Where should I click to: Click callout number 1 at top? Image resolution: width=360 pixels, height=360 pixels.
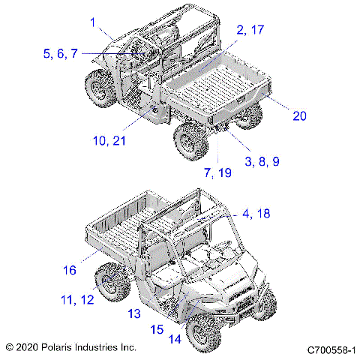93,23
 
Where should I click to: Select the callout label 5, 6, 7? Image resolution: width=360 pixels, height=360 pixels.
60,53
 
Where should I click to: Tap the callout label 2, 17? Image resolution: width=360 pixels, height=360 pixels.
250,30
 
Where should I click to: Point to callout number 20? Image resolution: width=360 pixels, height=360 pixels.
299,115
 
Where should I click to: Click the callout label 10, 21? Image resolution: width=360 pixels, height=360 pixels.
109,141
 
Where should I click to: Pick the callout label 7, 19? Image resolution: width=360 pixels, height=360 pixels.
217,172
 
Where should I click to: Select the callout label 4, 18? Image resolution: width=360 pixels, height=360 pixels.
256,214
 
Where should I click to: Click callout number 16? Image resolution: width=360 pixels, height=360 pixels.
70,269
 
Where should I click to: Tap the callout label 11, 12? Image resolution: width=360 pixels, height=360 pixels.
77,299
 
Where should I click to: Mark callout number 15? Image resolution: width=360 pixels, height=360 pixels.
156,328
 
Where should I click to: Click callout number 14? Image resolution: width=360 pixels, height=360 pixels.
174,338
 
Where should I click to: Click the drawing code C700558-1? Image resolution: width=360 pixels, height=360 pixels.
330,349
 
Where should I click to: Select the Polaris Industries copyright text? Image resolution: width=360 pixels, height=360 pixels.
71,348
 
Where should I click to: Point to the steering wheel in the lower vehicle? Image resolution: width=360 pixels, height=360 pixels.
224,245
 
